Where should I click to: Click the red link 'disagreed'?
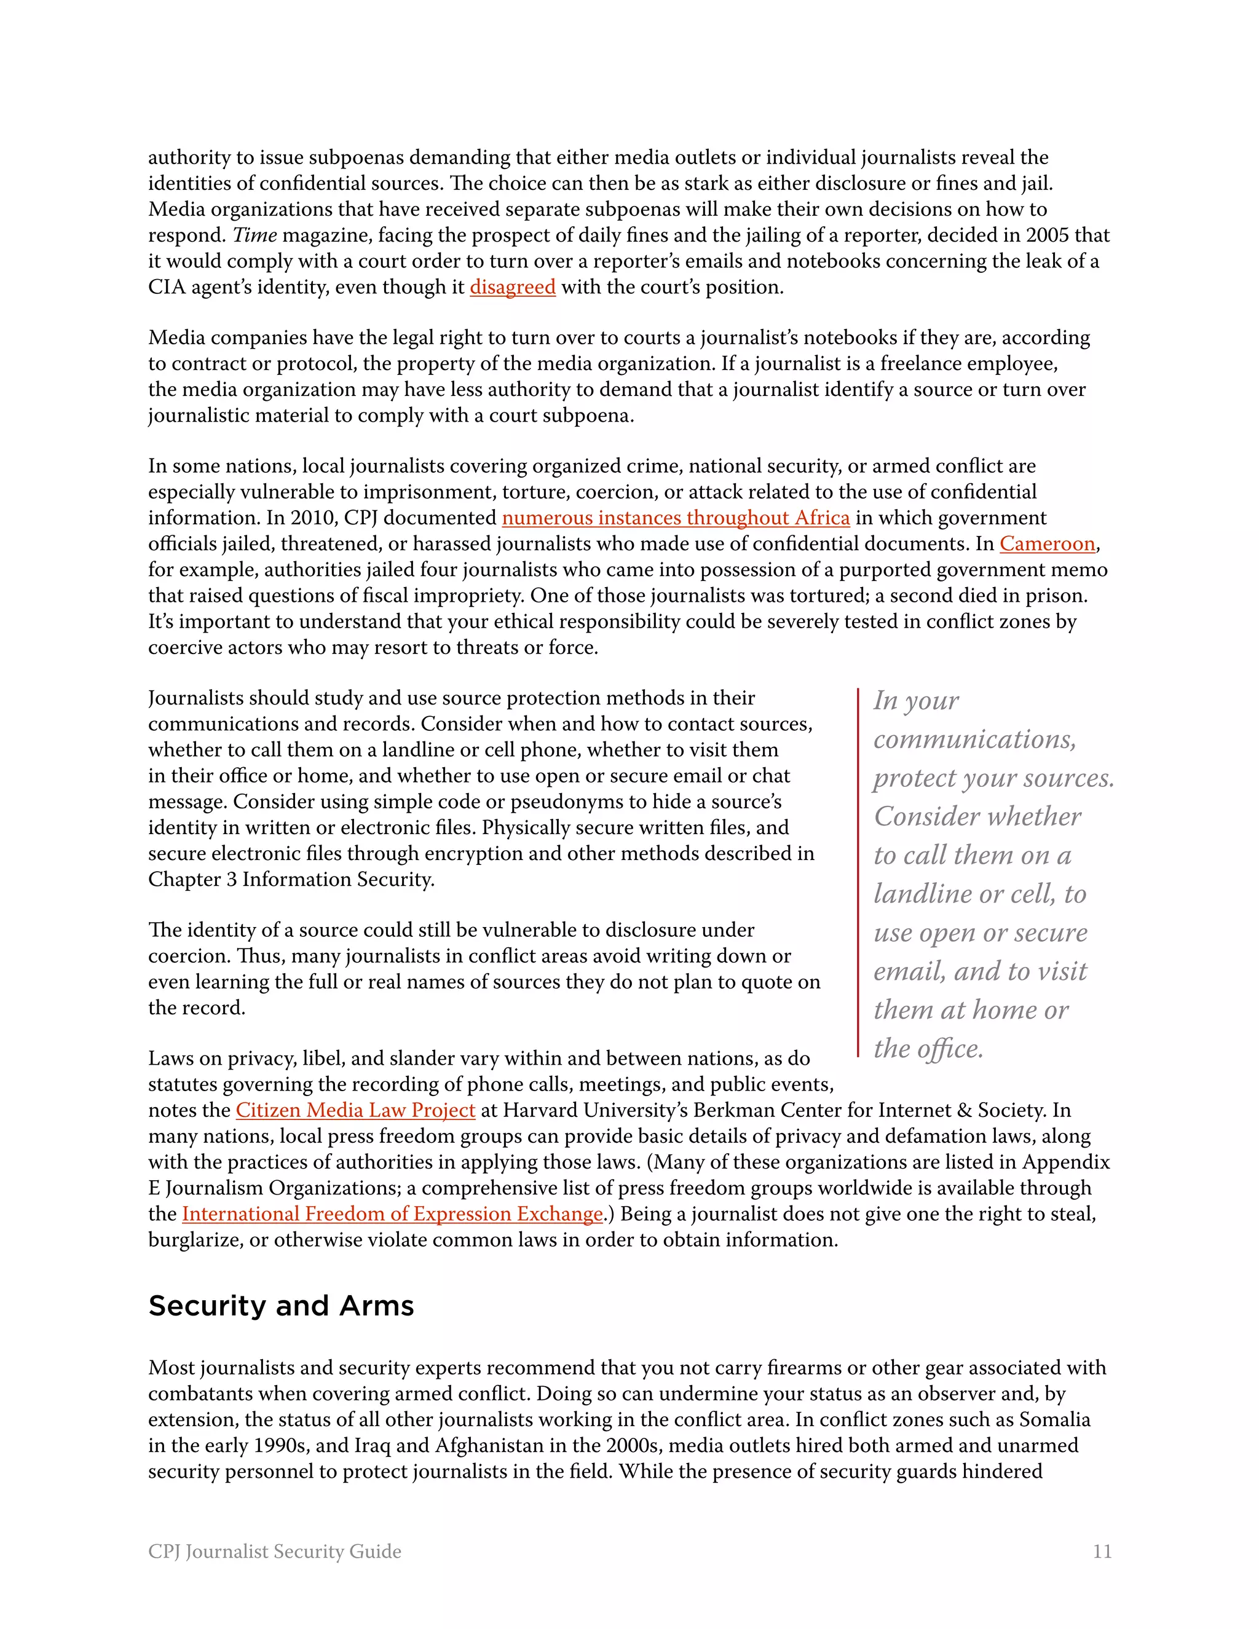(x=513, y=287)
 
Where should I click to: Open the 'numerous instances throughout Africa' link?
(x=676, y=518)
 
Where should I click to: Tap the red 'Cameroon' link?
(x=1047, y=544)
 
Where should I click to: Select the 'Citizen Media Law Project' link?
(x=355, y=1111)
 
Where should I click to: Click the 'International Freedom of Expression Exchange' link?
(x=392, y=1214)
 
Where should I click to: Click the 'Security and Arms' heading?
(x=281, y=1306)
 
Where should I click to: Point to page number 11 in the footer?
(x=1102, y=1552)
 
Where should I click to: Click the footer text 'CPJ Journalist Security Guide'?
(x=274, y=1552)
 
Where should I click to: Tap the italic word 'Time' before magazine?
(x=255, y=235)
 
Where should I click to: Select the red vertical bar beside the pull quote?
(x=858, y=873)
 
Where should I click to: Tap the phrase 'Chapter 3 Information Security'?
(x=290, y=880)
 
